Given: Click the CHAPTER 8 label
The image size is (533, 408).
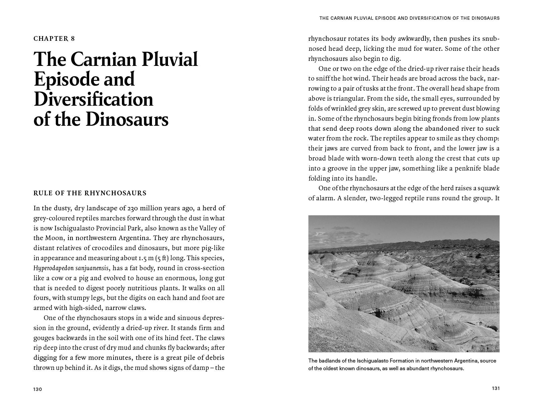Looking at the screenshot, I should (54, 38).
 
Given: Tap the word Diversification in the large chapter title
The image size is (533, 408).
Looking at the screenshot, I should (94, 99).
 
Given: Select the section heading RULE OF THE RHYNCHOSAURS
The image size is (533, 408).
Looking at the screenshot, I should (90, 193).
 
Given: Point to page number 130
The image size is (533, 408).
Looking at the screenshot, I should (37, 389).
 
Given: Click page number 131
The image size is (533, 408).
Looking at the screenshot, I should (496, 388).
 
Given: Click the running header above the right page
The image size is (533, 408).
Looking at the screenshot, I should (409, 18).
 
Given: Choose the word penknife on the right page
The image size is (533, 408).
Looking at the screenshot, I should (466, 168).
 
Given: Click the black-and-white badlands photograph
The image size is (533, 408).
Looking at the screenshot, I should (404, 284).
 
